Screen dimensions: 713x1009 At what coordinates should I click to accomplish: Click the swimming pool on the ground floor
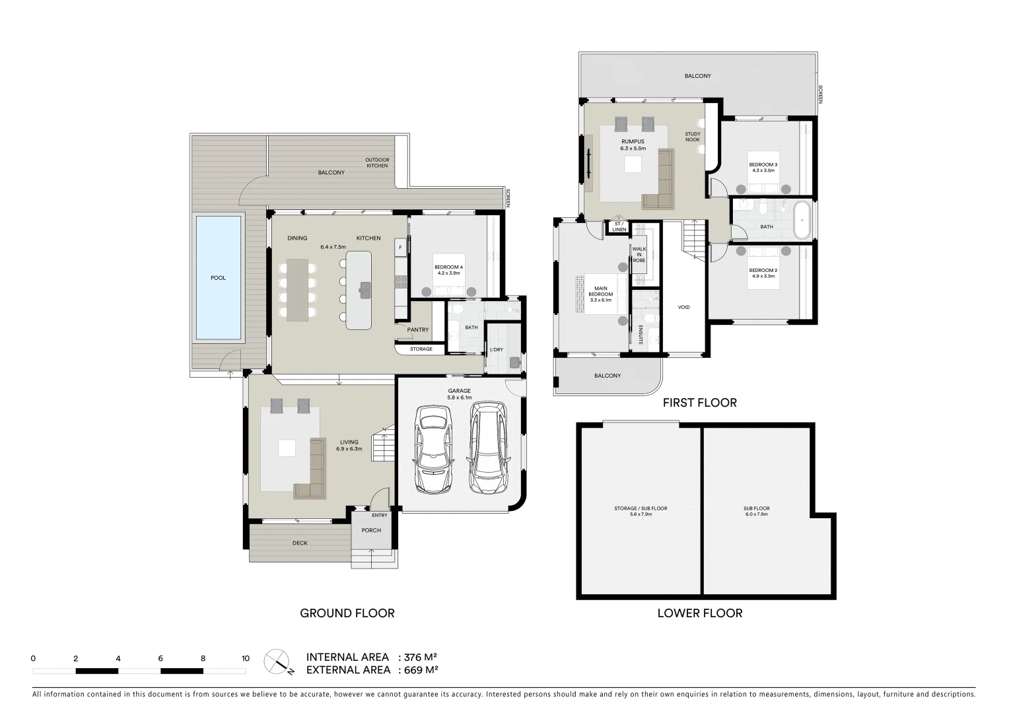click(218, 278)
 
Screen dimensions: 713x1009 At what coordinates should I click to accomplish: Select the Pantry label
click(418, 329)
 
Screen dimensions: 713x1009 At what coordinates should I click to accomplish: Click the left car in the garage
click(434, 449)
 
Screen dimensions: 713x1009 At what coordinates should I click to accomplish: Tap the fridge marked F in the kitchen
click(400, 248)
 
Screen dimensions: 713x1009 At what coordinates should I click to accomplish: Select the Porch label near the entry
click(371, 530)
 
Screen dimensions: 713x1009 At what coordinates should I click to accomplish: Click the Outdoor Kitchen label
click(377, 162)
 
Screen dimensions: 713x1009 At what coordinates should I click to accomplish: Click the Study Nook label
click(693, 137)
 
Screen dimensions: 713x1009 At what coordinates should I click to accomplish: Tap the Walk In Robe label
click(639, 254)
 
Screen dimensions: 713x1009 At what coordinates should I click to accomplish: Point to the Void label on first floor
click(684, 307)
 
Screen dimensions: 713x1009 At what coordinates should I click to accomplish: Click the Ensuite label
click(641, 335)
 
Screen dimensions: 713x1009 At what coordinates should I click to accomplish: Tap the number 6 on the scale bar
click(160, 658)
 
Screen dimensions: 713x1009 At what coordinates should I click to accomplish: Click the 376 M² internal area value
click(421, 657)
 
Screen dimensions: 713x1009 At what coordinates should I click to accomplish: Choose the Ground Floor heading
click(347, 613)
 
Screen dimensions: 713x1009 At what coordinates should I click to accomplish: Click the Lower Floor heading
click(700, 613)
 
